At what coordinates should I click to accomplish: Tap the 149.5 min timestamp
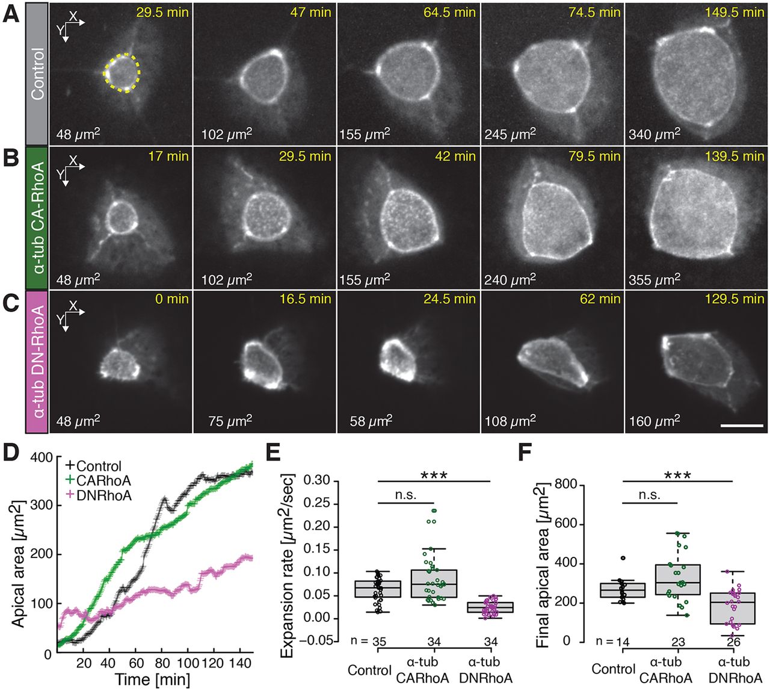pyautogui.click(x=735, y=13)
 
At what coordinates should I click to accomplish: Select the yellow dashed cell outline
pyautogui.click(x=122, y=73)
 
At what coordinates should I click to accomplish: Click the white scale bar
pyautogui.click(x=741, y=426)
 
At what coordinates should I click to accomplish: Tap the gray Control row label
pyautogui.click(x=37, y=74)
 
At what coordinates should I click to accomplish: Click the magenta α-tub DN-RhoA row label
pyautogui.click(x=37, y=361)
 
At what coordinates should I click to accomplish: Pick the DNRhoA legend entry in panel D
pyautogui.click(x=97, y=495)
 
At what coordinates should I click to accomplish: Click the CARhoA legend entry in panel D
pyautogui.click(x=97, y=480)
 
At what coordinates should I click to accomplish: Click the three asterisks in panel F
pyautogui.click(x=677, y=475)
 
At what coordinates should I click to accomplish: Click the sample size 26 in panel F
pyautogui.click(x=733, y=642)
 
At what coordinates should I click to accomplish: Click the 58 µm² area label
pyautogui.click(x=371, y=421)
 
